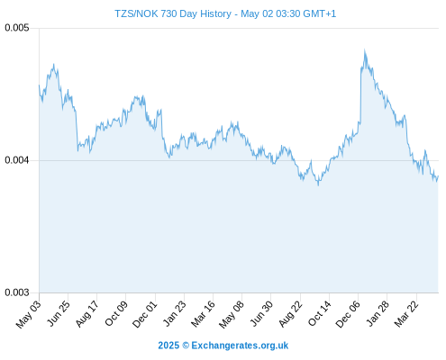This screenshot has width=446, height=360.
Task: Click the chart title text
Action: [x=225, y=13]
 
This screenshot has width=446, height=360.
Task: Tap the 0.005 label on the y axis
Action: [x=17, y=28]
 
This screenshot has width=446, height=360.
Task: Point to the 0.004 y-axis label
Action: [x=17, y=160]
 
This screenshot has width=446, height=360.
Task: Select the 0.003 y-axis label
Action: [x=17, y=292]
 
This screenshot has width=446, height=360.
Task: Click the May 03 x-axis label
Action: [x=29, y=314]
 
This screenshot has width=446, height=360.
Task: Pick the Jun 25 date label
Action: [x=59, y=313]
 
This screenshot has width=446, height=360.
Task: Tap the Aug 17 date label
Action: [x=86, y=314]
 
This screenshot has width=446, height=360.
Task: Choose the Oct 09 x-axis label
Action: [x=116, y=313]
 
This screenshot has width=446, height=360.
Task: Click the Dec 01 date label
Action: [x=145, y=314]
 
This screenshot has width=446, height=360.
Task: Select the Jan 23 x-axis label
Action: [x=174, y=314]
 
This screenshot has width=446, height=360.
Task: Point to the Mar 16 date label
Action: [x=203, y=314]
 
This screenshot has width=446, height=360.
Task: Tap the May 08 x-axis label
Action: [x=232, y=314]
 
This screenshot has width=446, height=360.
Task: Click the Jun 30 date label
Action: [x=261, y=314]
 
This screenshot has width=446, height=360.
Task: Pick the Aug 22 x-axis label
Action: [x=290, y=314]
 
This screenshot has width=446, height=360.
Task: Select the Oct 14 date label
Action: [x=319, y=313]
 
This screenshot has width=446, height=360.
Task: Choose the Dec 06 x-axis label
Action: [x=348, y=314]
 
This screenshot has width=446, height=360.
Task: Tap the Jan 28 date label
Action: [x=378, y=314]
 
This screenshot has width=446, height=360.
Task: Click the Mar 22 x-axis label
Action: [x=406, y=314]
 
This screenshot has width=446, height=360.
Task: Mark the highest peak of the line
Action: [x=365, y=50]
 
